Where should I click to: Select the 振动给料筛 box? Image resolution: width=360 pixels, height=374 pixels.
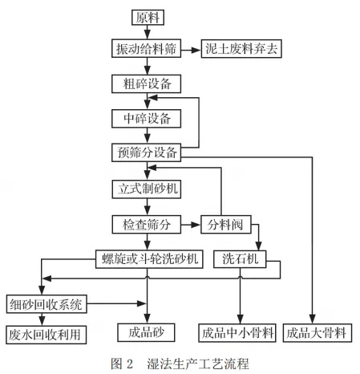[145, 49]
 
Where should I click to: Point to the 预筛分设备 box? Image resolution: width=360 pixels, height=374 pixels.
[145, 152]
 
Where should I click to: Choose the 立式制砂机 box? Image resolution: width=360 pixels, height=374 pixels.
[145, 189]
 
